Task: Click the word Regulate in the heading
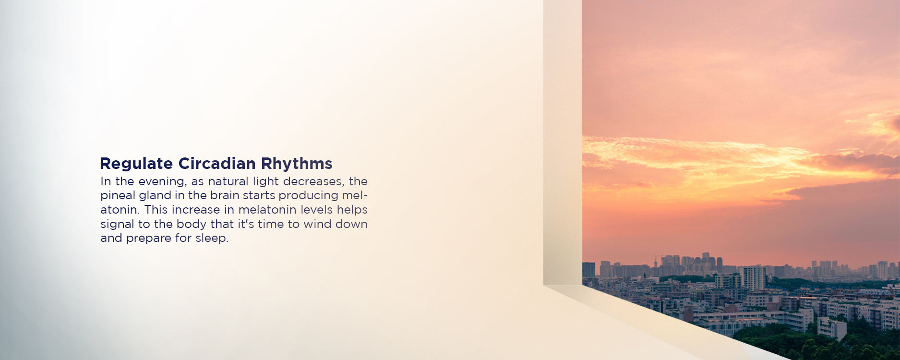[136, 164]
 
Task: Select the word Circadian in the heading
[217, 163]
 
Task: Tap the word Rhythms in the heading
[297, 164]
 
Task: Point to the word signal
[117, 225]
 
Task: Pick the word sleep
[212, 239]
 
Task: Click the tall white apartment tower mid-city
[754, 278]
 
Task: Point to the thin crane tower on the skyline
[656, 262]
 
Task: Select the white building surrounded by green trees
[832, 328]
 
